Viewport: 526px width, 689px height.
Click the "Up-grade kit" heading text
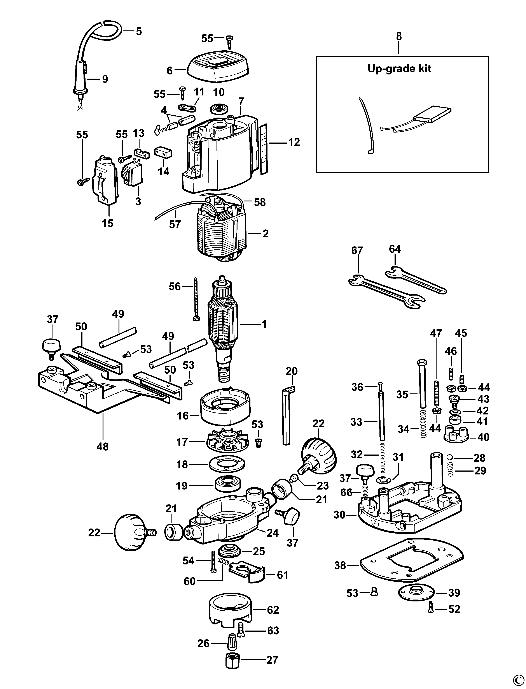(x=399, y=69)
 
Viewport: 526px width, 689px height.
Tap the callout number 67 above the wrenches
(x=357, y=250)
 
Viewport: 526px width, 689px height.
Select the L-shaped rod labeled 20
(x=287, y=417)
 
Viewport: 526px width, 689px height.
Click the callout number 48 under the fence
(x=102, y=446)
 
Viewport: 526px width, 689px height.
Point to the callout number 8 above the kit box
(x=398, y=36)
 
